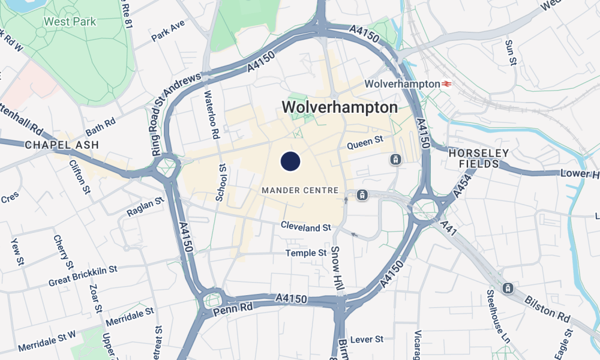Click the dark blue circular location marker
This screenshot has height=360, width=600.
[290, 161]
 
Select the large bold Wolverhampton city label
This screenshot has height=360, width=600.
[340, 107]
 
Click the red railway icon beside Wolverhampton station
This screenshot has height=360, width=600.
[446, 84]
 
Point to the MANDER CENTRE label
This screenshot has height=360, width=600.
[300, 191]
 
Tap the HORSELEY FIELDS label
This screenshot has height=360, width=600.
[479, 158]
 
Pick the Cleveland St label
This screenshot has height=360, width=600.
[306, 227]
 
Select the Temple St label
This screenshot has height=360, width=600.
[306, 253]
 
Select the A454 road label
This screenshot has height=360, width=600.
[459, 182]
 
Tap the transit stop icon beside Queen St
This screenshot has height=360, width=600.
[395, 160]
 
